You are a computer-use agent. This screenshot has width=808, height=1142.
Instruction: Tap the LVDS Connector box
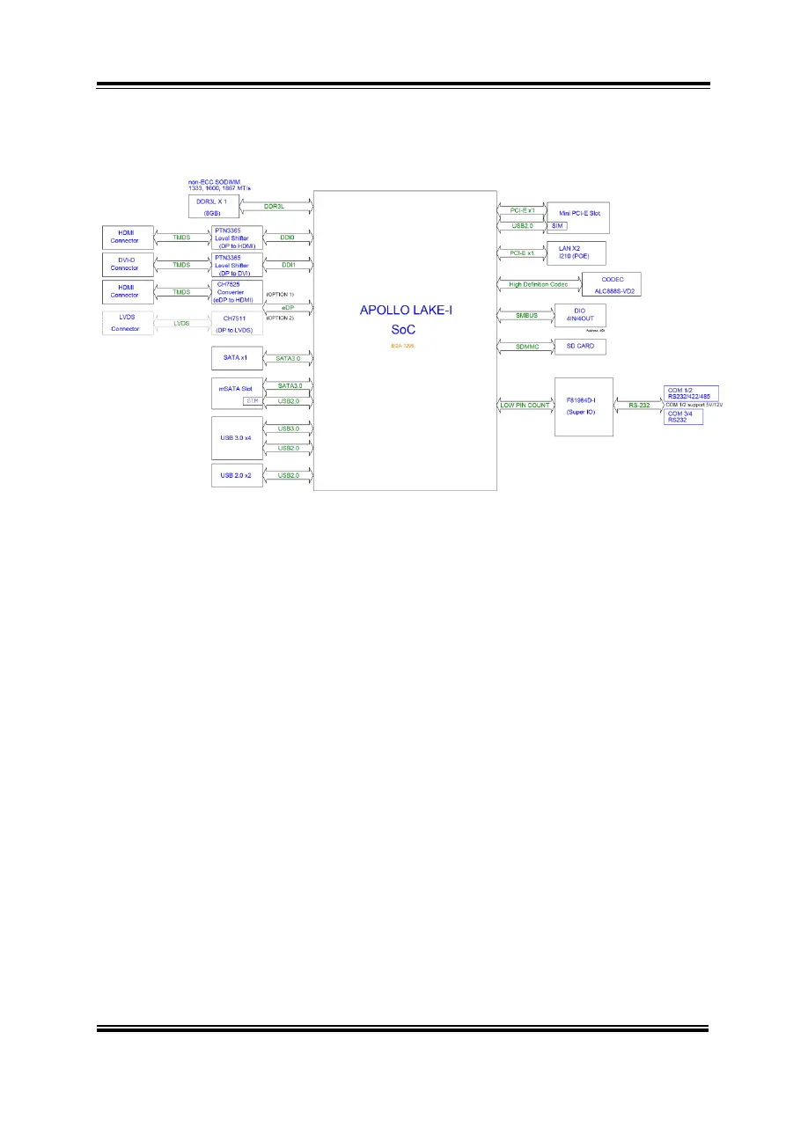point(124,322)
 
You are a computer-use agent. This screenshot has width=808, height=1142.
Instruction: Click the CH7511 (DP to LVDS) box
point(237,322)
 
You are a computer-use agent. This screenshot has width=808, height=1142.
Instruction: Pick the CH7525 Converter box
point(237,293)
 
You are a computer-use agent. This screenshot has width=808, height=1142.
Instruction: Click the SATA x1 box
point(237,358)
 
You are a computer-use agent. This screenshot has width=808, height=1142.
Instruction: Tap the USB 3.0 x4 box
point(237,437)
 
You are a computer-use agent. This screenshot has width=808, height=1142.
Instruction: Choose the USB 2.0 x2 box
point(237,475)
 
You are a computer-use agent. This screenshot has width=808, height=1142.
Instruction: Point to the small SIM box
point(558,226)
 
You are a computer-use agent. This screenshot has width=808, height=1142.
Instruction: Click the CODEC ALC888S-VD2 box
point(611,284)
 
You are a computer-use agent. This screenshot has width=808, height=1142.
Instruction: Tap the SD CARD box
point(579,347)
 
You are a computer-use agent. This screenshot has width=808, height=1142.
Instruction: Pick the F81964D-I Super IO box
point(583,405)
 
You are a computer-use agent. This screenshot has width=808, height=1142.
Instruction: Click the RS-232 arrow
point(639,406)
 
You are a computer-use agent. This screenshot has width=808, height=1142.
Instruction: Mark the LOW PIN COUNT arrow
point(525,405)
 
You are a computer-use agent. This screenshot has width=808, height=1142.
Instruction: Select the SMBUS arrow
point(525,314)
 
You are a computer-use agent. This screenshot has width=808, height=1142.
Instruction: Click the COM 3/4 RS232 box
point(682,417)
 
